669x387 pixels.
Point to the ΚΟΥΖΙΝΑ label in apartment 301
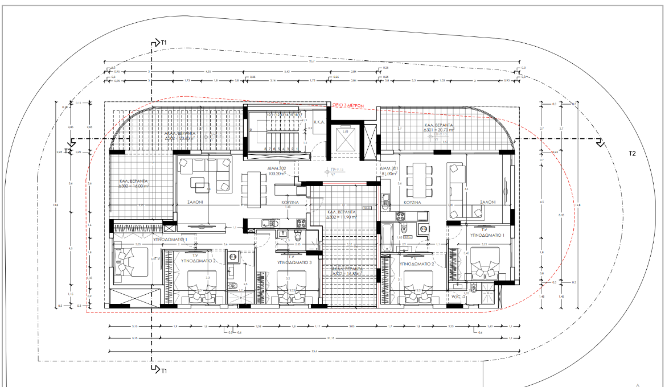coord(412,202)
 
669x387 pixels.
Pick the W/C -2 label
coord(459,296)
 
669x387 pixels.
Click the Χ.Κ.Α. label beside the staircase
coord(318,121)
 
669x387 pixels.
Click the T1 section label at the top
coord(164,43)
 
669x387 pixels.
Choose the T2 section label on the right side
coord(631,154)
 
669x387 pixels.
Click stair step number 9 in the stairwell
coord(251,130)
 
